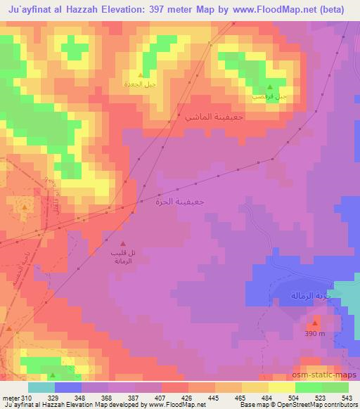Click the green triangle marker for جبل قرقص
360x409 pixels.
pyautogui.click(x=269, y=87)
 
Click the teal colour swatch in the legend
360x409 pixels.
pyautogui.click(x=41, y=387)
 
